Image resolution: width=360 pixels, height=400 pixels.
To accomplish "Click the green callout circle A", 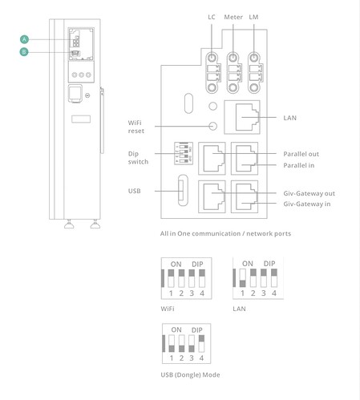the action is click(x=24, y=39).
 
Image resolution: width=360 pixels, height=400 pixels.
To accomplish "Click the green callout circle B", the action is click(x=24, y=51).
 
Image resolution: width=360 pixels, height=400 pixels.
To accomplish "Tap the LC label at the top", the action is click(x=212, y=17).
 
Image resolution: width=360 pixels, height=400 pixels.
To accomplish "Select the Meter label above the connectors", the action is click(x=233, y=17).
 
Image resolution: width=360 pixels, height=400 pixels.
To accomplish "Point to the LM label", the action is click(x=253, y=17).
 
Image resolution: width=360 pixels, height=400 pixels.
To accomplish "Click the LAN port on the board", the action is click(x=242, y=117).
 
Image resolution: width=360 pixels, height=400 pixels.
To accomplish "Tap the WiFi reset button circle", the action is click(x=213, y=126).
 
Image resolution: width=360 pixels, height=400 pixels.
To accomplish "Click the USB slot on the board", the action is click(x=183, y=190).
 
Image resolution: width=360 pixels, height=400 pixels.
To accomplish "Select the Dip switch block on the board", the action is click(x=184, y=153).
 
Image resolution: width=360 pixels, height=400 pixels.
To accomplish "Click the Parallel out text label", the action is click(x=301, y=154).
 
